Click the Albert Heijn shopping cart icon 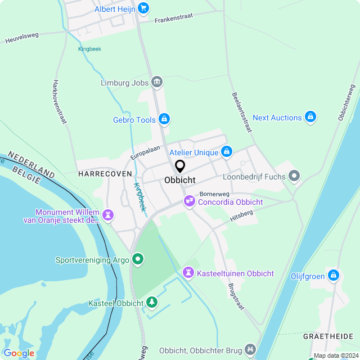[143, 8]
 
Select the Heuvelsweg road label [22, 38]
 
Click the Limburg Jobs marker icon [157, 83]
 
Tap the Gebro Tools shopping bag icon [164, 119]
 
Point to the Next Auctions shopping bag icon [310, 117]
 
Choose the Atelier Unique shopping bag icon [227, 152]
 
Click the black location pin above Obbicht [180, 166]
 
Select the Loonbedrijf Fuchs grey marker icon [294, 177]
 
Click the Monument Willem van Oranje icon [108, 215]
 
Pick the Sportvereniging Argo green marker [138, 259]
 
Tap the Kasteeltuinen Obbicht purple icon [187, 273]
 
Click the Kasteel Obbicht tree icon [151, 303]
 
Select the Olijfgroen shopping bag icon [334, 275]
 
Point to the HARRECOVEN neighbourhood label [105, 174]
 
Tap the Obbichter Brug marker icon [250, 350]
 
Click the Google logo [18, 353]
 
